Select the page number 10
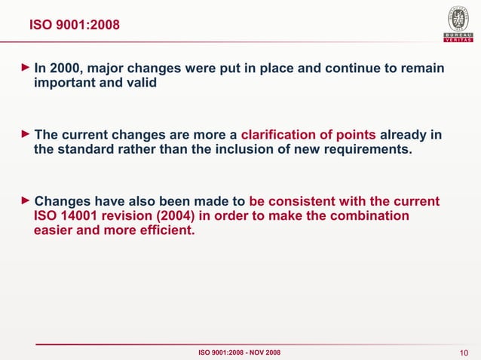pyautogui.click(x=464, y=353)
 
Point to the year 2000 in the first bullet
pyautogui.click(x=66, y=69)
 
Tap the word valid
pyautogui.click(x=142, y=84)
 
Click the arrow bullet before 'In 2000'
pyautogui.click(x=26, y=69)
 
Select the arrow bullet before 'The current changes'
pyautogui.click(x=26, y=135)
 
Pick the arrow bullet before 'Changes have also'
pyautogui.click(x=26, y=201)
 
